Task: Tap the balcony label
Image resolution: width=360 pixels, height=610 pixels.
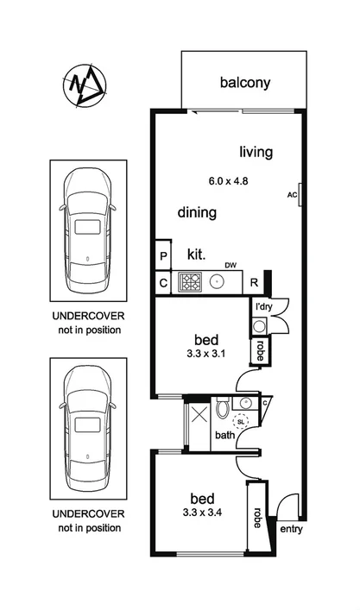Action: coord(245,83)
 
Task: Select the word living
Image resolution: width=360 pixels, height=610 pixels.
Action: coord(256,152)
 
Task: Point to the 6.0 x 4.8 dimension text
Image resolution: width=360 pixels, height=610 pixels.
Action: coord(229,181)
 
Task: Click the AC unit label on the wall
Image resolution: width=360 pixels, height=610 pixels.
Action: coord(291,195)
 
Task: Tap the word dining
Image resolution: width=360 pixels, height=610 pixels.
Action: coord(197,212)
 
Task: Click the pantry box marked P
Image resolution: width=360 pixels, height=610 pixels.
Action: coord(162,256)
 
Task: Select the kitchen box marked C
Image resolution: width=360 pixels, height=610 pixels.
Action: coord(162,282)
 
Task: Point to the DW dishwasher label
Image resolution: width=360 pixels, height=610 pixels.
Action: coord(230,265)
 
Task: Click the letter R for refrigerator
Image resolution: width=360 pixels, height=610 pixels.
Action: coord(255,282)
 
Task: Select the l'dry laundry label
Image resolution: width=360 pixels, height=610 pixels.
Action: coord(262,307)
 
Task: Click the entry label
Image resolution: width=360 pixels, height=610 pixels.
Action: coord(292,529)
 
